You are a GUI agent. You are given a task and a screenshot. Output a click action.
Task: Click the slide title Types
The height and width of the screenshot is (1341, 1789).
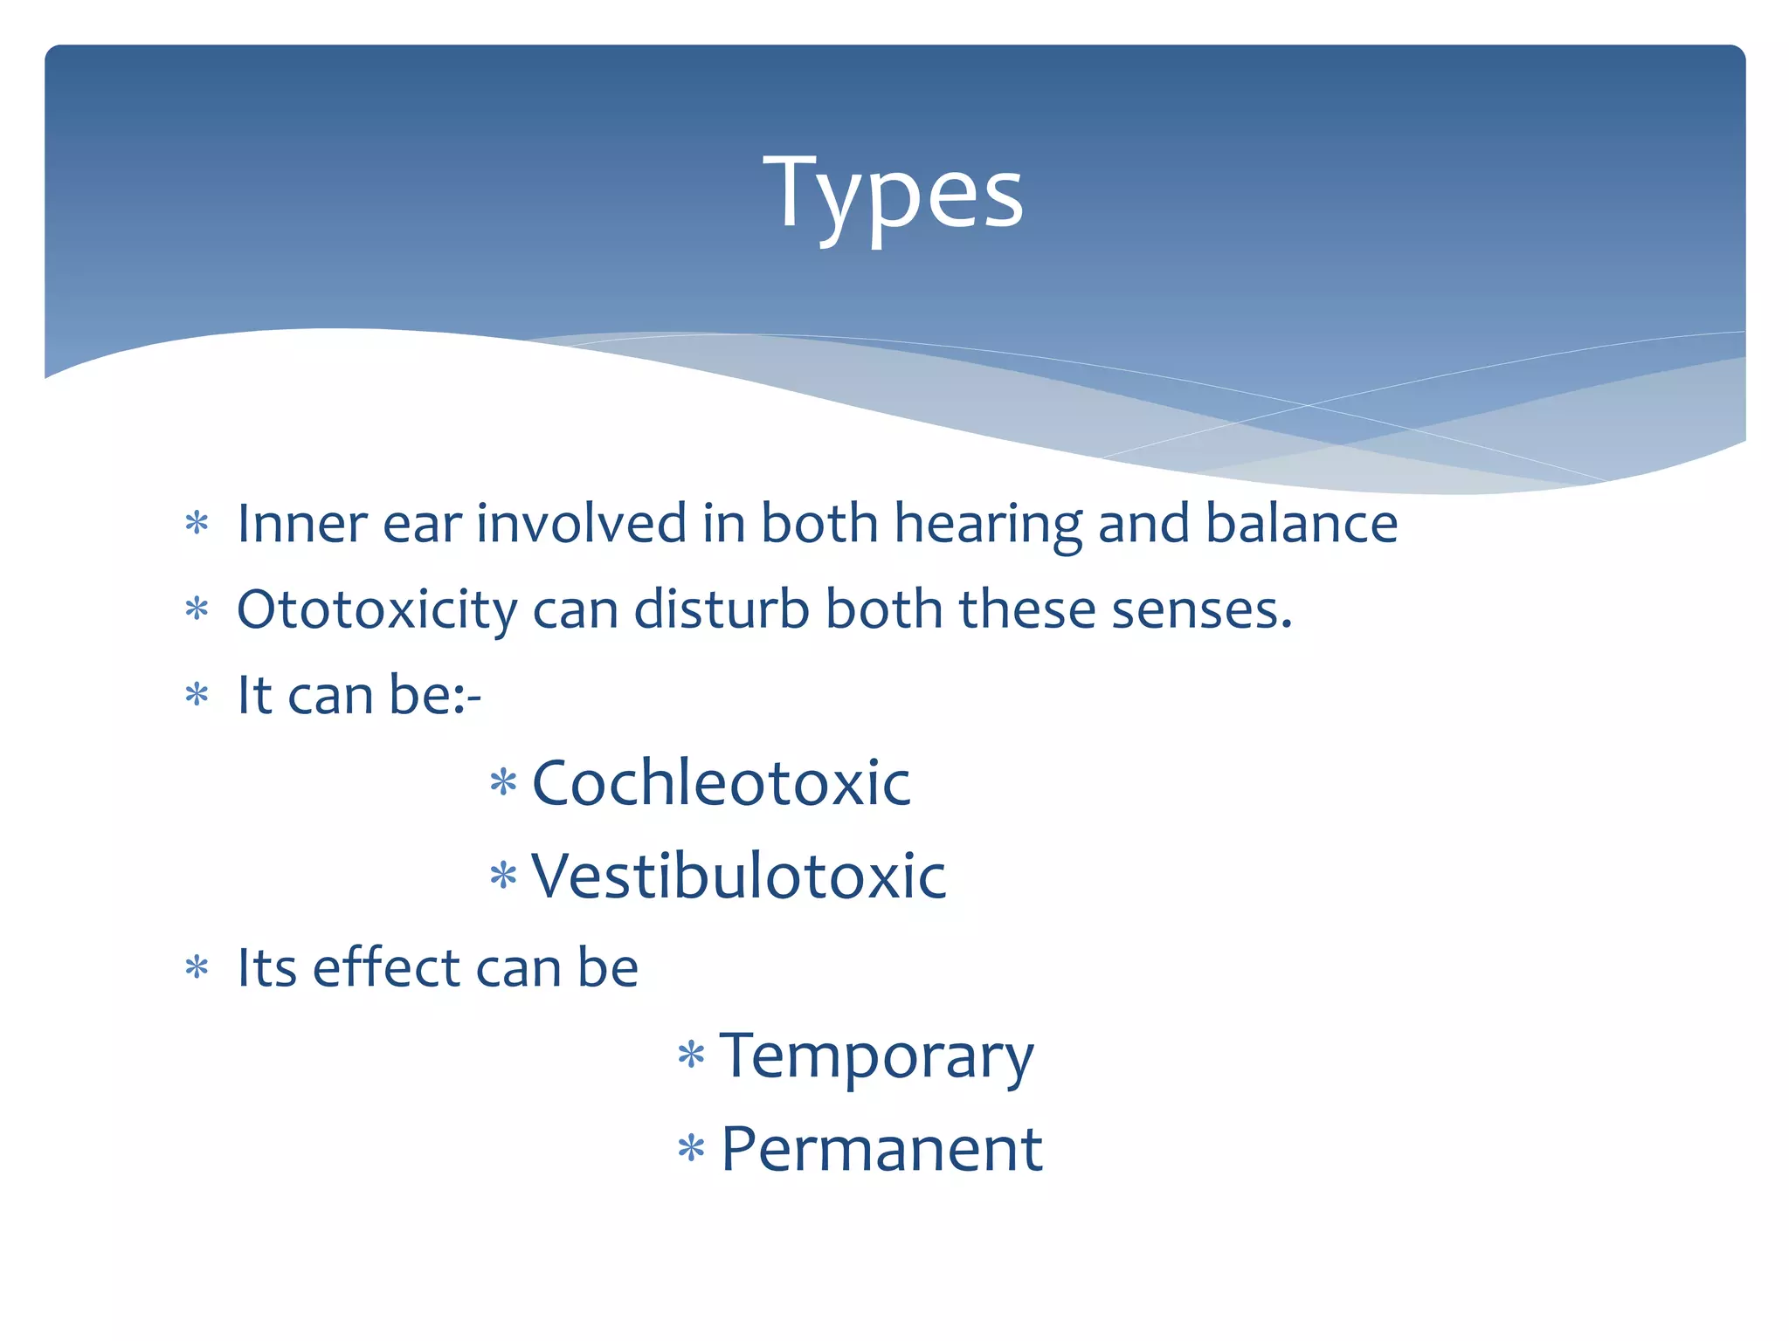click(x=893, y=194)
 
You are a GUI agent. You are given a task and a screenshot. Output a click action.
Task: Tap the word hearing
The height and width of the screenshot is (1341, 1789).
click(x=988, y=524)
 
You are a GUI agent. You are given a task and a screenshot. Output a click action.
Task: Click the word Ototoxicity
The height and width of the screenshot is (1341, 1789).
click(x=376, y=610)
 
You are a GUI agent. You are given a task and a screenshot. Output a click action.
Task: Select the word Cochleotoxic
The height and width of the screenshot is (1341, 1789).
click(x=721, y=782)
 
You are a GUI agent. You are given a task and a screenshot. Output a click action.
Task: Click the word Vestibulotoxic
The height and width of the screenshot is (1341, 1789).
click(x=738, y=876)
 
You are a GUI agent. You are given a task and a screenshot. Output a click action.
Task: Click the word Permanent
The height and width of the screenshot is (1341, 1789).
click(x=881, y=1149)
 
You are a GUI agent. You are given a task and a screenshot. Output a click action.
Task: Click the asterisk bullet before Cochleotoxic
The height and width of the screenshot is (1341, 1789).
click(x=503, y=782)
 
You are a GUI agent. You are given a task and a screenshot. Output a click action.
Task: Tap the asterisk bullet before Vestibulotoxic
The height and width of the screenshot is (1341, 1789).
click(x=503, y=875)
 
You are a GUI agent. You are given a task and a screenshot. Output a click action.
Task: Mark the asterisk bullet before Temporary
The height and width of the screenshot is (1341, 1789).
click(x=691, y=1056)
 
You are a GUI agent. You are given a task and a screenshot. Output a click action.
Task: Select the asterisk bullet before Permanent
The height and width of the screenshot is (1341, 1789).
click(x=691, y=1149)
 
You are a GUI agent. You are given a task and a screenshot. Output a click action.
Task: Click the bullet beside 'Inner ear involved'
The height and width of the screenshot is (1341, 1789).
click(x=197, y=524)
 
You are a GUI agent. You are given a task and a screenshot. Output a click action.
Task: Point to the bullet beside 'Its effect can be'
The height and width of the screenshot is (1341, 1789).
click(x=197, y=967)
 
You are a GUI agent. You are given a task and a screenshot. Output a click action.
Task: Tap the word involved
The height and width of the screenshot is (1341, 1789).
click(x=581, y=524)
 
